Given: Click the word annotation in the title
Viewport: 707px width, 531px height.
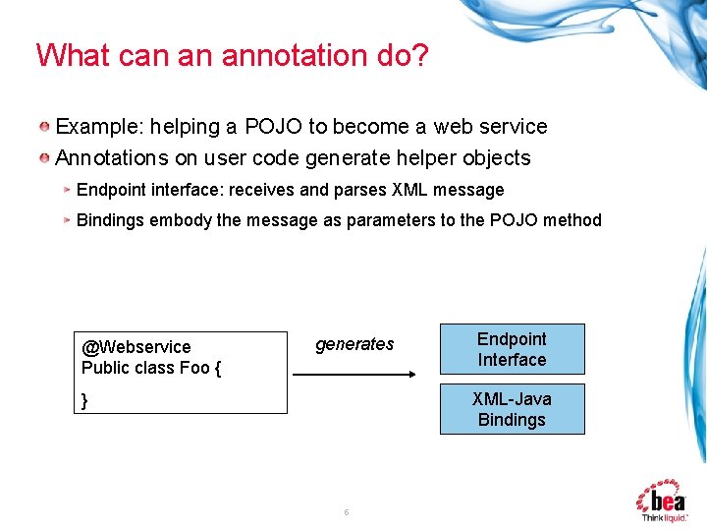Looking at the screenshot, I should click(x=283, y=55).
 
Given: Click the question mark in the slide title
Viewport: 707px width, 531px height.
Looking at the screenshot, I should click(x=419, y=55).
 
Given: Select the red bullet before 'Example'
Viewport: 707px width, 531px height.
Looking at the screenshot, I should click(x=45, y=127).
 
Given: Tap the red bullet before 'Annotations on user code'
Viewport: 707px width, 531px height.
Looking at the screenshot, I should click(x=45, y=158).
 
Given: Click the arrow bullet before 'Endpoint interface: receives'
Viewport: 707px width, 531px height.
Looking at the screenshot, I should click(x=67, y=190).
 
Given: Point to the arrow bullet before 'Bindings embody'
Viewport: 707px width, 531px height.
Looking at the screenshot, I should click(x=67, y=220).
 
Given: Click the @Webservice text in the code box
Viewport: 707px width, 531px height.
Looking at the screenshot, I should click(x=136, y=347).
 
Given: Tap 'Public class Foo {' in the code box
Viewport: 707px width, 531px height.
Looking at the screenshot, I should click(x=151, y=368).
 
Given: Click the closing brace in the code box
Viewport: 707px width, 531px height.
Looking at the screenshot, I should click(x=85, y=400).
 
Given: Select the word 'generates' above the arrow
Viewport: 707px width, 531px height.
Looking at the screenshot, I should click(x=354, y=344).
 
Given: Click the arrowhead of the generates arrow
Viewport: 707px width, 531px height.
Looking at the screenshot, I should click(x=411, y=375).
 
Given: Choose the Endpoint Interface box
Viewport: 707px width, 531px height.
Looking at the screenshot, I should click(x=512, y=349).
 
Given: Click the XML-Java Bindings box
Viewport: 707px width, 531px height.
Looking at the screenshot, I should click(x=512, y=409).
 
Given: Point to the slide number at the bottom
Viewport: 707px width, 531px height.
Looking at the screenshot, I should click(x=347, y=512).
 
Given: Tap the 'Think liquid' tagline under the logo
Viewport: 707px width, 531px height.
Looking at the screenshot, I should click(x=664, y=517).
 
